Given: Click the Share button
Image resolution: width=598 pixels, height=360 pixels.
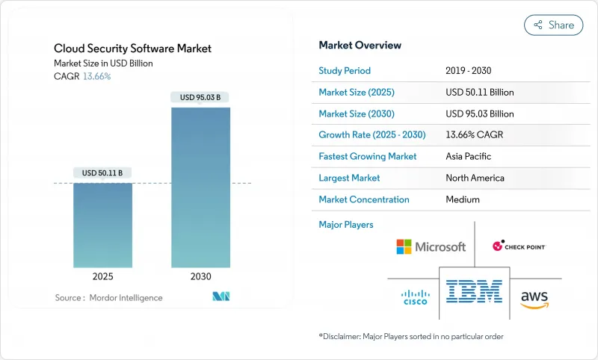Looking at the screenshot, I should [553, 25].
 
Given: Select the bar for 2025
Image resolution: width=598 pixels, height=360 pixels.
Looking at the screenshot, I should [102, 224].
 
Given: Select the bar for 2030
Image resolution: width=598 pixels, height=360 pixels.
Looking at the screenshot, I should [200, 187].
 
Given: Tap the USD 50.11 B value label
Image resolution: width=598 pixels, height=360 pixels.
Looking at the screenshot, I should [102, 173].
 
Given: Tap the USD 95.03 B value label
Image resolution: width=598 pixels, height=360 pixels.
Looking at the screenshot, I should [200, 97].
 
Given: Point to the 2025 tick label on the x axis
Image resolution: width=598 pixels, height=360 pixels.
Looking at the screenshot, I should [102, 276].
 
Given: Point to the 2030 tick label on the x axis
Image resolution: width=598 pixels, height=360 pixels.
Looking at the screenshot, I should [200, 276].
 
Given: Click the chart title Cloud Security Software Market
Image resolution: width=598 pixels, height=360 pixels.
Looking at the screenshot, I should [132, 49].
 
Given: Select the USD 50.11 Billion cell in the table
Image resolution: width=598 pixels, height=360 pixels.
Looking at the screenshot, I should [479, 93].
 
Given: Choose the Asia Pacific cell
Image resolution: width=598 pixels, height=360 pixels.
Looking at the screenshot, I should [469, 157].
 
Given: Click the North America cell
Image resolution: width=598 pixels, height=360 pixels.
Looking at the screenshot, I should [475, 178].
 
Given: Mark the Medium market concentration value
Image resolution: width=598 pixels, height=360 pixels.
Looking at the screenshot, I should [463, 199].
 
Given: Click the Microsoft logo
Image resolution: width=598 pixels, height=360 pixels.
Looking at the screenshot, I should [431, 246].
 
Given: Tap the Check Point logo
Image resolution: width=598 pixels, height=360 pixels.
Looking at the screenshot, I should [519, 246].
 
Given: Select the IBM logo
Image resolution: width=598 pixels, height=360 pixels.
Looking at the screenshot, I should [474, 292].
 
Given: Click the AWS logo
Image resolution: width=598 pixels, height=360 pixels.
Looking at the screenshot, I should [534, 297].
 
